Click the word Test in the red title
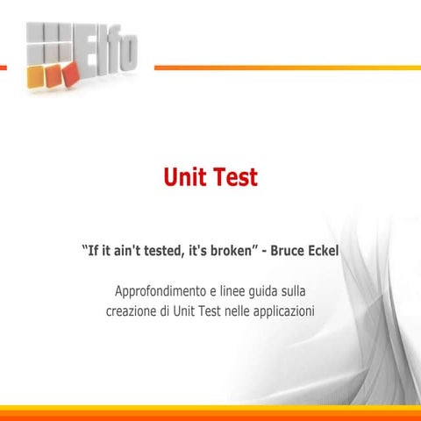pos(234,178)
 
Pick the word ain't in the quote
pos(117,253)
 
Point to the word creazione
pos(132,310)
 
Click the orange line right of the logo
pos(281,68)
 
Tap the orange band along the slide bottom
pos(210,413)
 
